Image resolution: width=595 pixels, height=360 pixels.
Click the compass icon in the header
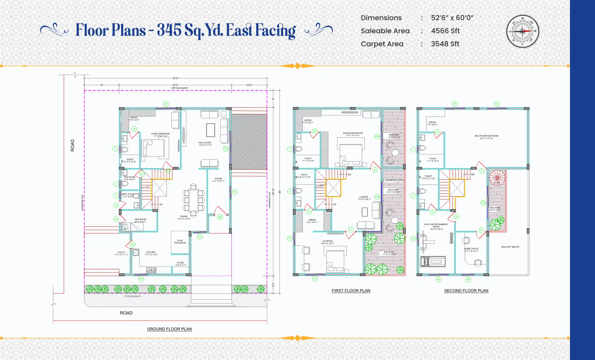click(523, 31)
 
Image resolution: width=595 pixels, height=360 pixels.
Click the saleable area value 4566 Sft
click(445, 31)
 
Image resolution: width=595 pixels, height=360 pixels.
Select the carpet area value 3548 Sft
click(445, 44)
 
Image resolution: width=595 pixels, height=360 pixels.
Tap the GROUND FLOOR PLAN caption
click(169, 329)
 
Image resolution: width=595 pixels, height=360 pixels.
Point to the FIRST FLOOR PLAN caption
click(351, 291)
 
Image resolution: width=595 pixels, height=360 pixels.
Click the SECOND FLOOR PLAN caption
click(466, 291)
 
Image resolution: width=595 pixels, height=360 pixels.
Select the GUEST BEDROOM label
click(160, 134)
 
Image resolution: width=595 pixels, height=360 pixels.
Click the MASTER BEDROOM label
click(353, 133)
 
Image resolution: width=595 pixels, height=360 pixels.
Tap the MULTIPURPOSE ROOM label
click(486, 136)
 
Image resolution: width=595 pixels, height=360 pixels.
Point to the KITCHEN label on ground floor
click(151, 252)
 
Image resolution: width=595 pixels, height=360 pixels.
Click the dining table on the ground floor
click(193, 200)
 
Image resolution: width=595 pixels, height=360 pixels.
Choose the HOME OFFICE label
click(471, 249)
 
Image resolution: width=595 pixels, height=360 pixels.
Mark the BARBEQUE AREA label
click(394, 180)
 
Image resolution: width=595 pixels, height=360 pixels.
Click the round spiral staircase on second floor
click(497, 177)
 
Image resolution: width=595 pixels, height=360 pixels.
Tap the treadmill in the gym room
click(433, 262)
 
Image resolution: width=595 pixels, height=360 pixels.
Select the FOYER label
click(218, 179)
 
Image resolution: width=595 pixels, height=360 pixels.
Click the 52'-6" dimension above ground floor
click(175, 78)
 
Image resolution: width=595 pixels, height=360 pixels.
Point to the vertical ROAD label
click(72, 145)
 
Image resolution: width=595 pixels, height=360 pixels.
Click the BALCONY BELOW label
click(510, 247)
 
